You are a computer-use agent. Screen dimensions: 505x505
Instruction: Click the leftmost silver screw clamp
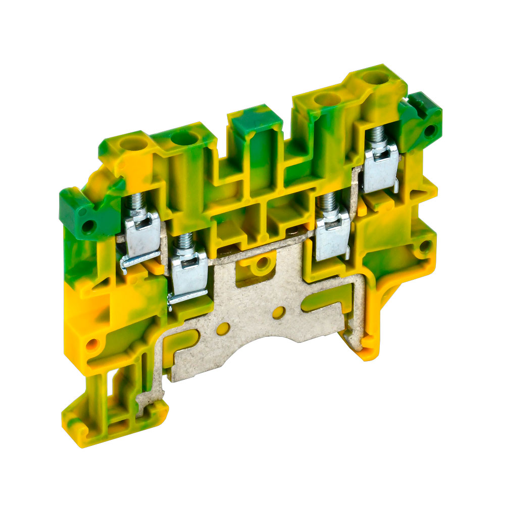pyautogui.click(x=142, y=235)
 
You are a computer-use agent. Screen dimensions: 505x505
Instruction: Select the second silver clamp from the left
pyautogui.click(x=189, y=273)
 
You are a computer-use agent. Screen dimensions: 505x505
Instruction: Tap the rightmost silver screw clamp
pyautogui.click(x=380, y=167)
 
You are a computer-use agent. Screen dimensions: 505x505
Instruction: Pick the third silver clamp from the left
pyautogui.click(x=332, y=232)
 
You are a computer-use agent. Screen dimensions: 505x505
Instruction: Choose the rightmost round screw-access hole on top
pyautogui.click(x=374, y=78)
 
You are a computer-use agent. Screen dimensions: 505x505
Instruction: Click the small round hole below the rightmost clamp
pyautogui.click(x=425, y=246)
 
